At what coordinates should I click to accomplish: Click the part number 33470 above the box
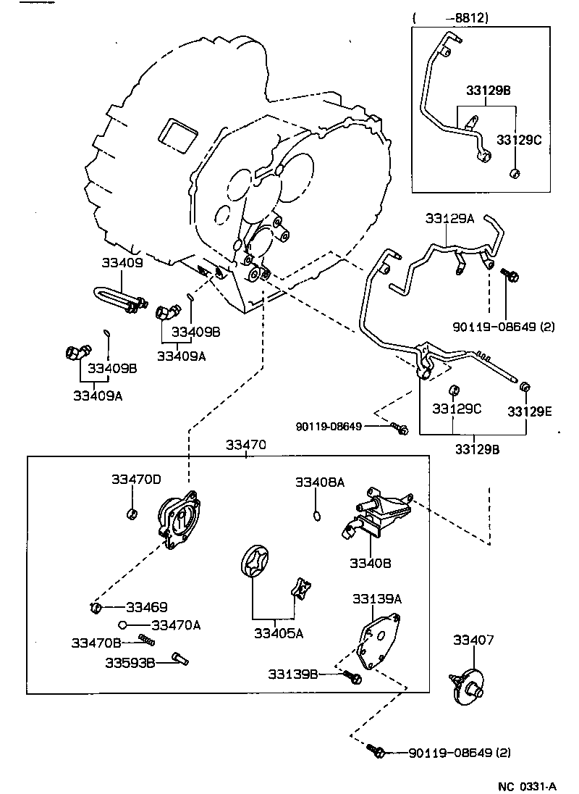(x=245, y=445)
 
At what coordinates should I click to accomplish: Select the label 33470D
(x=136, y=480)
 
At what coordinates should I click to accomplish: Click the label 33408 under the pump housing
(x=371, y=562)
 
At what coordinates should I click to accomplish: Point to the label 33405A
(x=278, y=632)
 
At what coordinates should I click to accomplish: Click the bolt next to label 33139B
(x=353, y=677)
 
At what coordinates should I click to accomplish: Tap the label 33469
(x=147, y=607)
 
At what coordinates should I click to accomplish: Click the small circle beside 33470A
(x=124, y=624)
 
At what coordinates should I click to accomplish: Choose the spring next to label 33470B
(x=147, y=640)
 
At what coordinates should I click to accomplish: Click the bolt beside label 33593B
(x=180, y=659)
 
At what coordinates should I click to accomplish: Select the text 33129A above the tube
(x=449, y=218)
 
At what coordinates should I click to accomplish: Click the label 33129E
(x=530, y=411)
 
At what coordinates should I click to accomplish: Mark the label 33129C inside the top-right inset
(x=519, y=138)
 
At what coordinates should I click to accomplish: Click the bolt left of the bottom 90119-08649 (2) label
(x=376, y=752)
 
